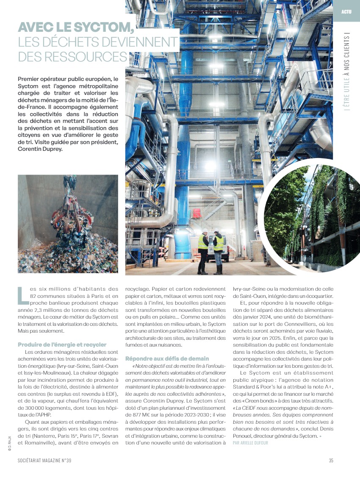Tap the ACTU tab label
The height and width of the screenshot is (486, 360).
coord(346,11)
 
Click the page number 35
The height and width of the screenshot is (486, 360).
coord(331,461)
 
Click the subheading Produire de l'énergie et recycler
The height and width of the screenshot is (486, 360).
coord(62,344)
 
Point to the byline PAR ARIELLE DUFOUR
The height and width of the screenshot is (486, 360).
coord(250,443)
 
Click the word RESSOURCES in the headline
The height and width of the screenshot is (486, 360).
coord(72,56)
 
